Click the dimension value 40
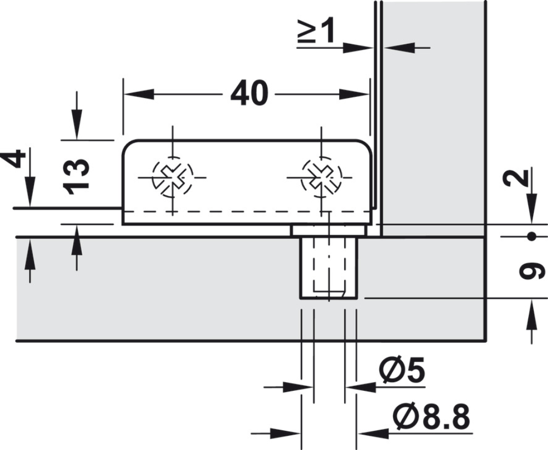250,94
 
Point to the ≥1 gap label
316,33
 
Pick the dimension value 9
530,270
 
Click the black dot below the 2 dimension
530,236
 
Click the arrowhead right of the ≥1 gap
397,48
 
